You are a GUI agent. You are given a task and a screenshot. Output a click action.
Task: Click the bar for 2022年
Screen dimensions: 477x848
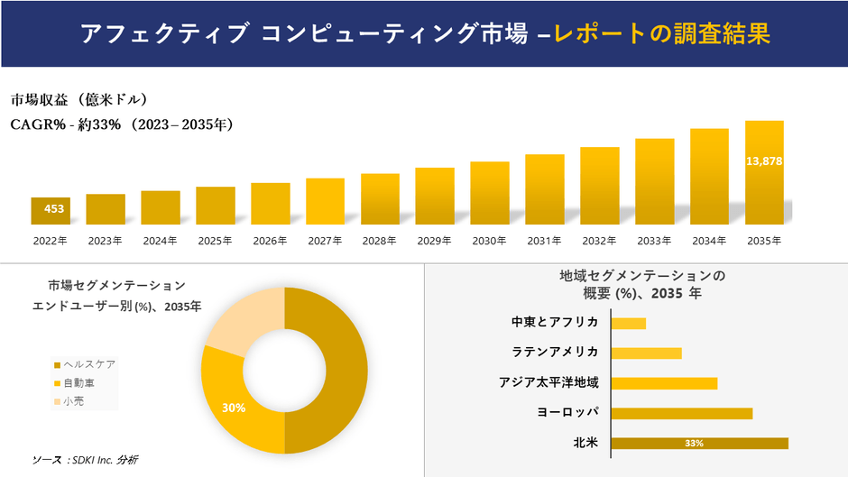point(51,210)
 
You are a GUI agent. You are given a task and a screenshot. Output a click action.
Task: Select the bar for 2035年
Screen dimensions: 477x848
point(764,172)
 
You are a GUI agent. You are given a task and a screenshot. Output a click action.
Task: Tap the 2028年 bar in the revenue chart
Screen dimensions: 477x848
point(380,198)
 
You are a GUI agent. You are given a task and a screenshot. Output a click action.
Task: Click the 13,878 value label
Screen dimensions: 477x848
point(764,161)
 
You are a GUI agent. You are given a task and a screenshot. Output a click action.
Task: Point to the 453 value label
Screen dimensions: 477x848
point(54,209)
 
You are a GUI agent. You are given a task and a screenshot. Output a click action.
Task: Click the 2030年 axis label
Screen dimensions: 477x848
point(489,241)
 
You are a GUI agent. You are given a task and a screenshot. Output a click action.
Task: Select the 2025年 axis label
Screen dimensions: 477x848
point(215,241)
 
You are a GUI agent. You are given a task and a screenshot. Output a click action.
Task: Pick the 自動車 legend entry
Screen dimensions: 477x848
point(78,383)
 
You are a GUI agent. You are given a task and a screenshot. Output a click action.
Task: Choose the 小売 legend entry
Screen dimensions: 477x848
point(73,401)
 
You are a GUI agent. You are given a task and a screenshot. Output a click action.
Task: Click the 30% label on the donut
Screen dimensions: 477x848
point(234,408)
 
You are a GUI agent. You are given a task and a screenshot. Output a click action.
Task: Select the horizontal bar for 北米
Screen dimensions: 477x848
point(699,443)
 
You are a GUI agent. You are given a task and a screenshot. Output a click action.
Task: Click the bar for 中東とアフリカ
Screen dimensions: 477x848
point(629,323)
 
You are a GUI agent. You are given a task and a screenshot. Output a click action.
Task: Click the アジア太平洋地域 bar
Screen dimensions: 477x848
point(664,383)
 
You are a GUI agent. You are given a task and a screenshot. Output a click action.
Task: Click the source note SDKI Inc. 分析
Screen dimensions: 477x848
point(85,460)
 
